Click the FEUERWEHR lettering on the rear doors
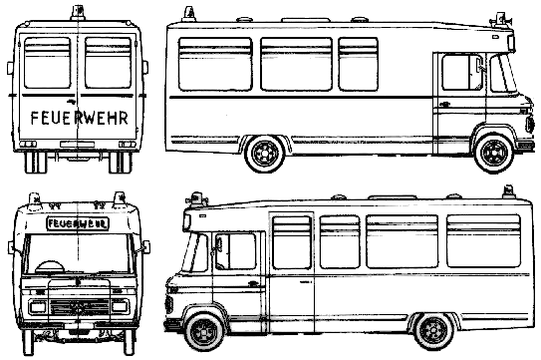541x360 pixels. coord(80,118)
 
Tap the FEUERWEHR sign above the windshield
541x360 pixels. coord(78,223)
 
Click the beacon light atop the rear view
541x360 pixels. coord(78,13)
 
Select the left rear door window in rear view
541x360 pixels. coord(48,63)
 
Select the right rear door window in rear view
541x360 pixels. coord(108,63)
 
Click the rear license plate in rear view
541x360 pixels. coord(77,144)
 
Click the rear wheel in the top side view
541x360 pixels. coord(264,154)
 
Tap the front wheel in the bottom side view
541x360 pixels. coord(204,332)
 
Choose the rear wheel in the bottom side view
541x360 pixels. coord(433,331)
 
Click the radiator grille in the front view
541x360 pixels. coord(80,307)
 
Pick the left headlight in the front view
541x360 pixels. coord(38,307)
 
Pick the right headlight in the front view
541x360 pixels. coord(121,306)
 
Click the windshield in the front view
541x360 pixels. coord(78,254)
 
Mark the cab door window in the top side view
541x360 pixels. coord(461,72)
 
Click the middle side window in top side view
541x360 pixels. coord(296,64)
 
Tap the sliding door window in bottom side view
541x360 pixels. coord(292,242)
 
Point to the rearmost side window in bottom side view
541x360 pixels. coord(484,240)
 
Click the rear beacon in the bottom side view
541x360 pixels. coord(508,192)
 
